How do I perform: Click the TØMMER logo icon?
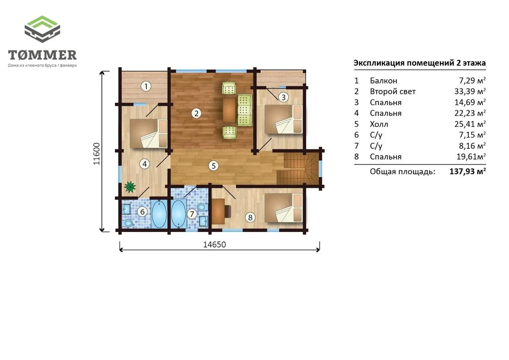point(42,29)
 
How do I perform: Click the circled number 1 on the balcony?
point(146,86)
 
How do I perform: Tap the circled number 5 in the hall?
point(214,166)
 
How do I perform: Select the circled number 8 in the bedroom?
point(250,218)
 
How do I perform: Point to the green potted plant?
point(130,187)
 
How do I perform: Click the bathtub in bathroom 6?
point(159,214)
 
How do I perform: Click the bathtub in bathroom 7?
point(179,214)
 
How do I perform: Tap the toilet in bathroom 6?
point(128,223)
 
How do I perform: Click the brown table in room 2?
point(229,110)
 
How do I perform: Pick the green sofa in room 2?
point(245,110)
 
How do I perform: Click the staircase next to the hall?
point(298,168)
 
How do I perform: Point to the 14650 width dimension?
point(214,245)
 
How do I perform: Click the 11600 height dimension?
point(97,154)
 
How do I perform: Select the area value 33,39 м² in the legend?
point(470,91)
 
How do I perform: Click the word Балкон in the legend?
point(384,81)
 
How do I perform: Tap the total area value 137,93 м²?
point(468,171)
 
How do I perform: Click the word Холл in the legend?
point(379,124)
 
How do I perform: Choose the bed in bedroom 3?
point(284,119)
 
